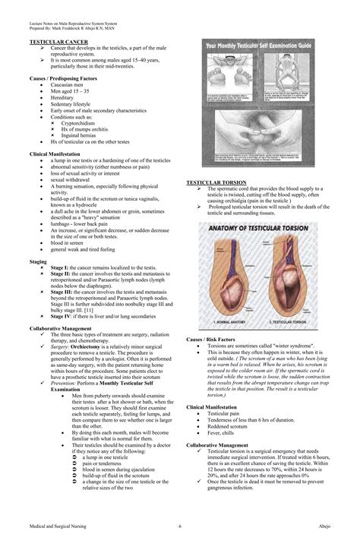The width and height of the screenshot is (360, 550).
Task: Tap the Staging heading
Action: pyautogui.click(x=39, y=260)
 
